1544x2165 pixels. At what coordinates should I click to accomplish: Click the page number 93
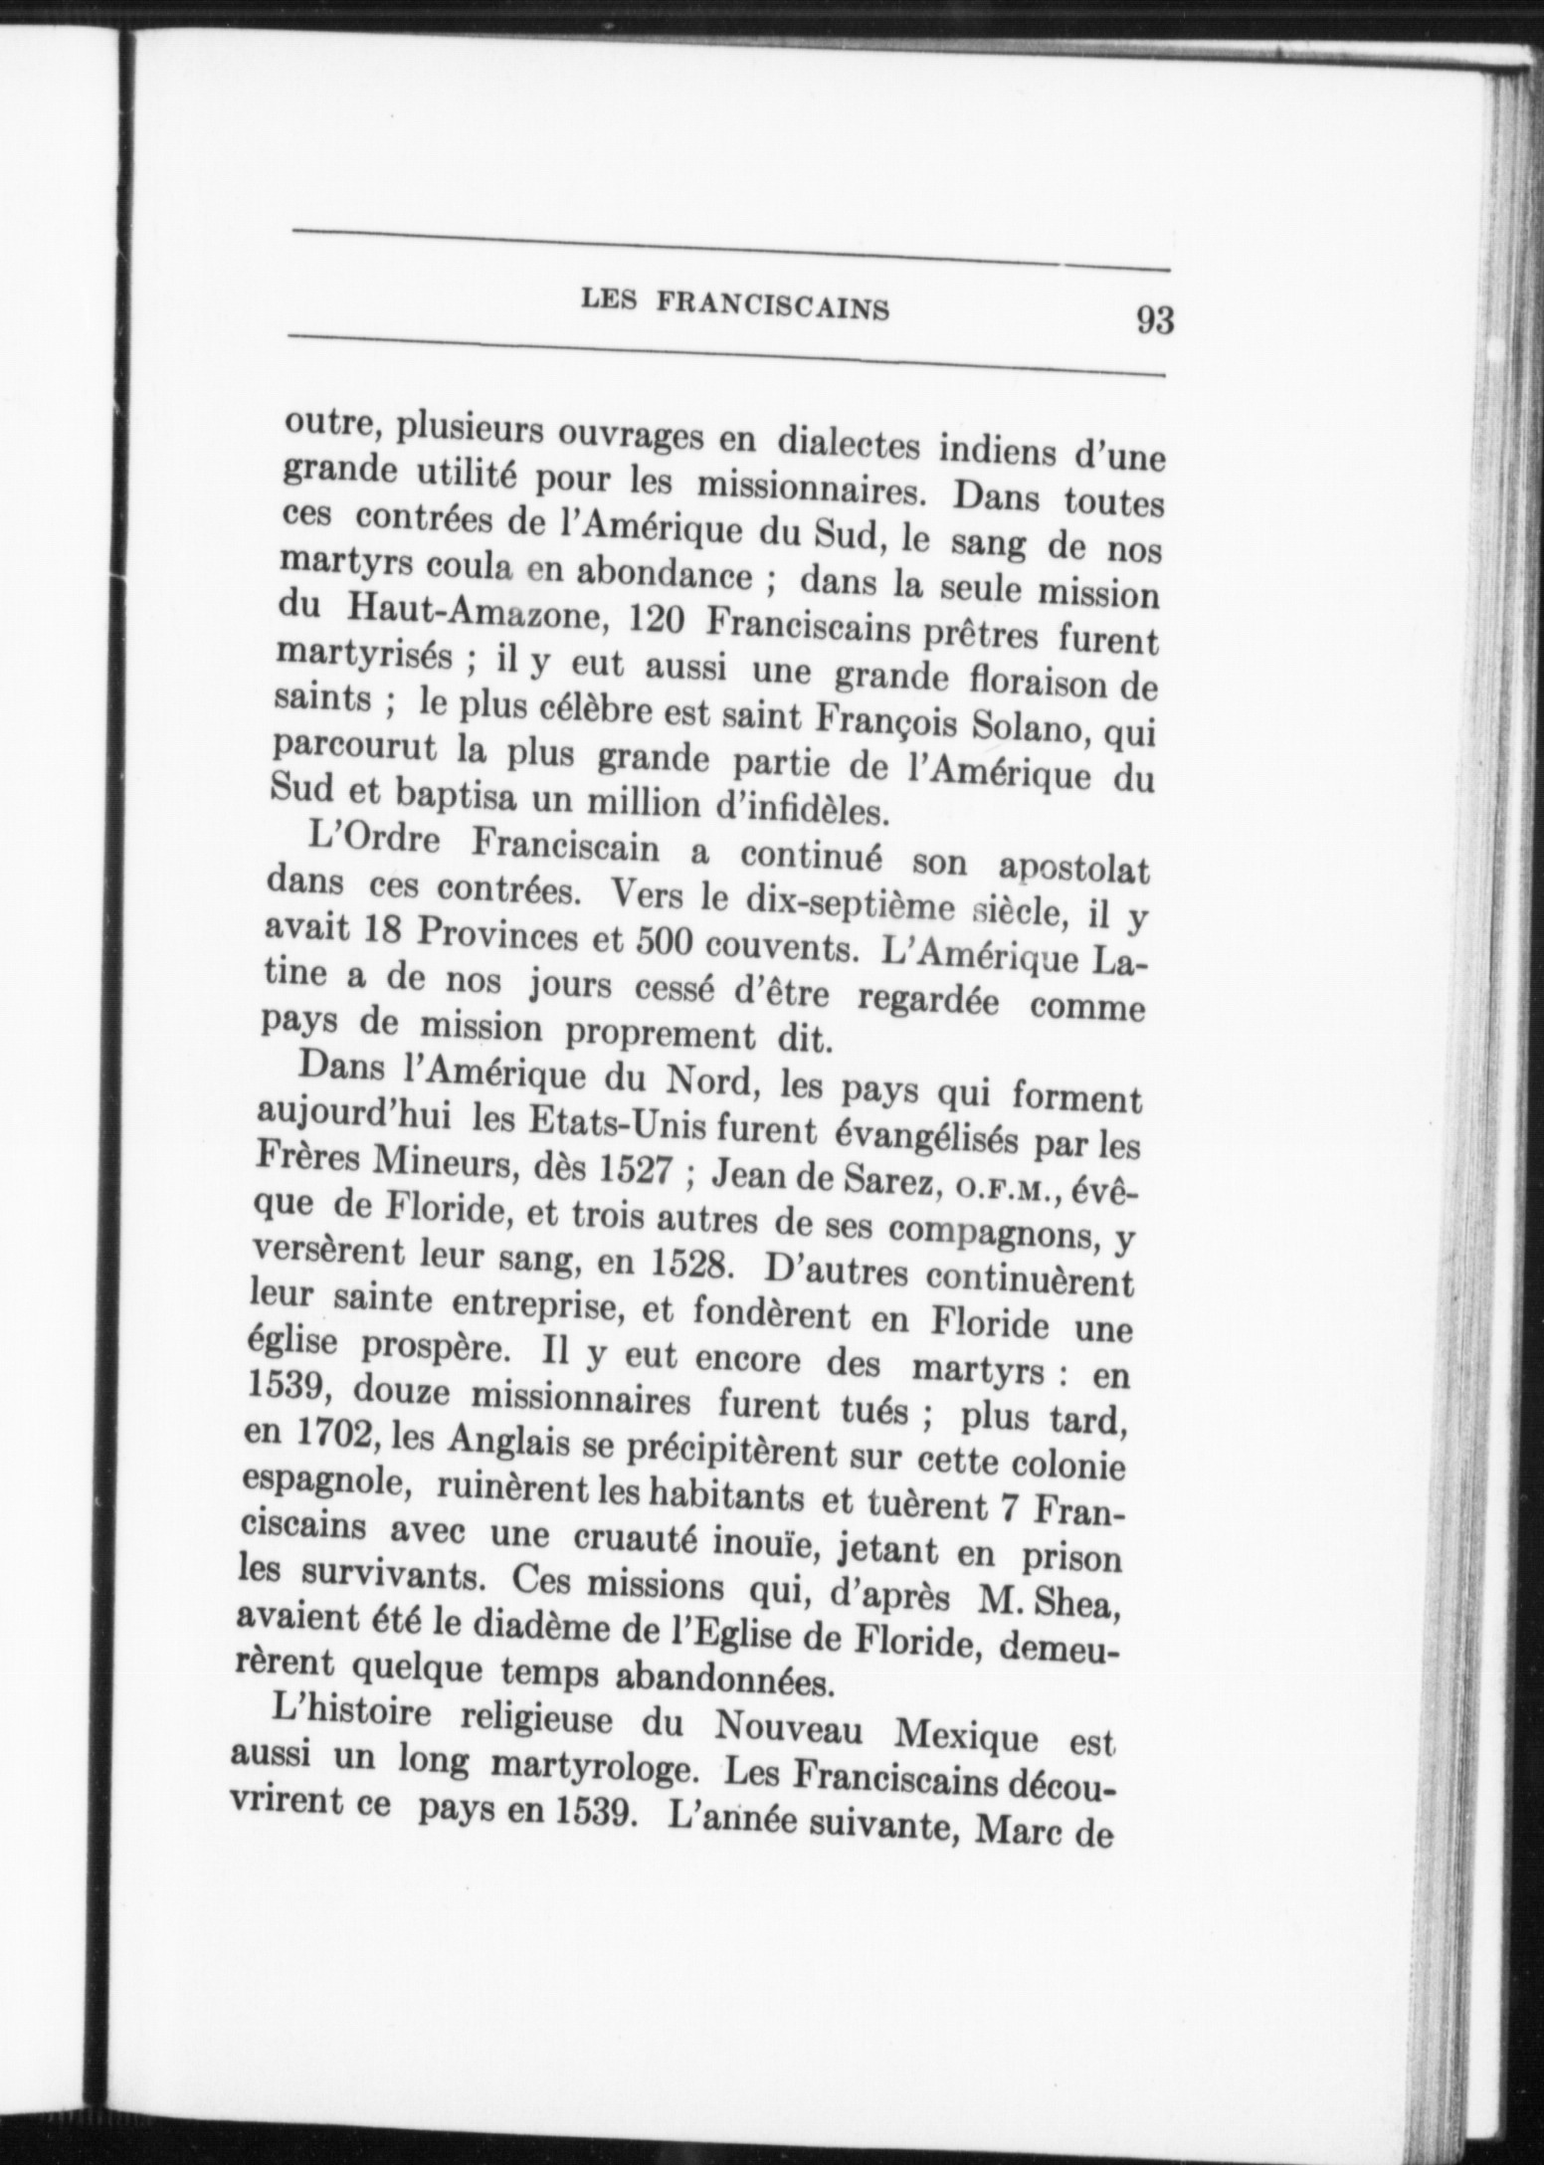(x=1154, y=321)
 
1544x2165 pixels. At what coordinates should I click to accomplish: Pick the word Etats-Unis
(x=575, y=1125)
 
